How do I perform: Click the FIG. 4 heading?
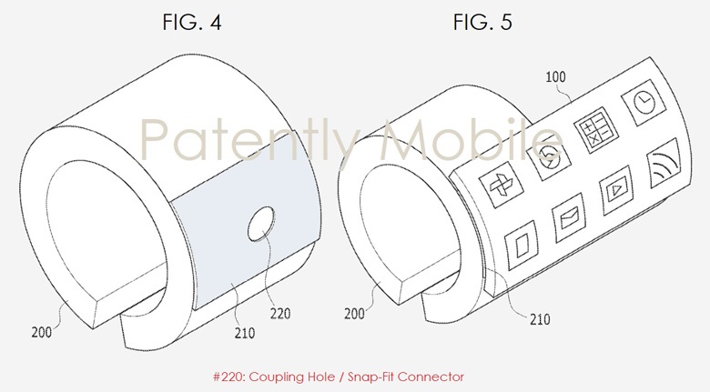[192, 22]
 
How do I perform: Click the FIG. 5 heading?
[482, 22]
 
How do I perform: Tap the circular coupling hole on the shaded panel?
[261, 224]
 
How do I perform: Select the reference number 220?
[280, 313]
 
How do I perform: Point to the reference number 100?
[555, 77]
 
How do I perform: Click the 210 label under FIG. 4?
[245, 333]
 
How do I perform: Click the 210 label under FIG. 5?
[540, 319]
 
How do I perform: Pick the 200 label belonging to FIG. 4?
[41, 332]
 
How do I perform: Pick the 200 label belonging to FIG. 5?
[354, 313]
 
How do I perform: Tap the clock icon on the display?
[644, 103]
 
